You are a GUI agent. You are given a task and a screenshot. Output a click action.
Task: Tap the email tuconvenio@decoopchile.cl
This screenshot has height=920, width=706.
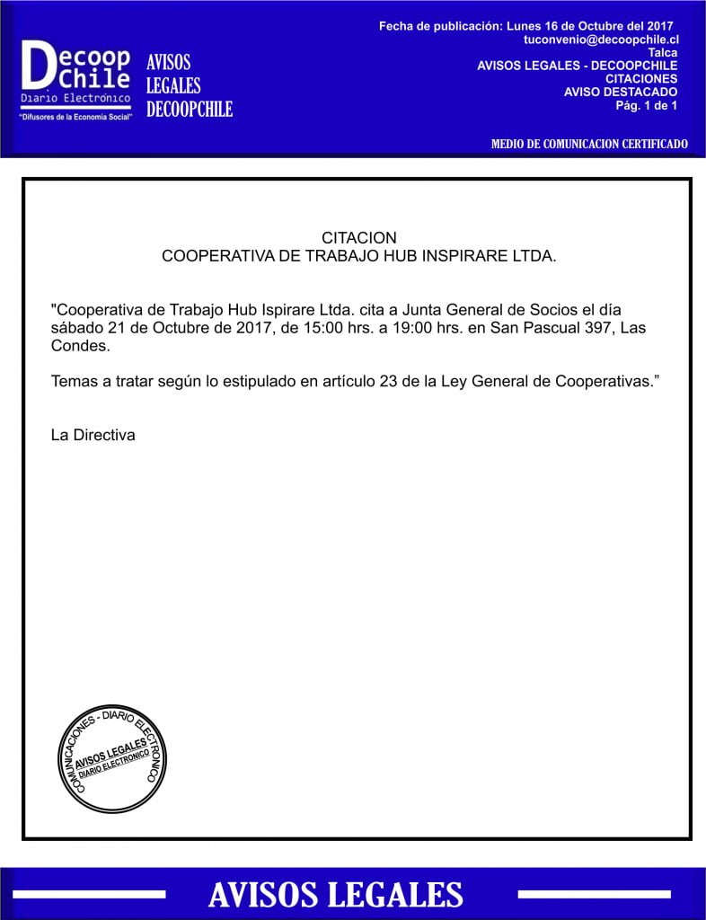click(601, 40)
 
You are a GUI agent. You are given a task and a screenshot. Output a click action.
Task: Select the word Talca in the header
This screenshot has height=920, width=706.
click(662, 53)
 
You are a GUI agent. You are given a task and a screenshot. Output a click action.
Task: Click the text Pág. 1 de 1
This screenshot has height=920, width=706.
click(646, 105)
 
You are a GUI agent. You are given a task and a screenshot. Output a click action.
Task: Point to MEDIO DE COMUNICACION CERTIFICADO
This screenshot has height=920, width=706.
click(589, 144)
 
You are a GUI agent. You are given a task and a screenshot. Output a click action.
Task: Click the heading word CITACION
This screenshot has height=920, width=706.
click(358, 238)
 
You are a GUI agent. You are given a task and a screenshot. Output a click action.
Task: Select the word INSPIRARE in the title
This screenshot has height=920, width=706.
click(454, 256)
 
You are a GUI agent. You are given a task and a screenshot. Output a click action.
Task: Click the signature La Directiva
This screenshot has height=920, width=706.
click(93, 435)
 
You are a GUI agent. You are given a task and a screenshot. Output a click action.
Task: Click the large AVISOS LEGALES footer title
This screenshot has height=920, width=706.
click(336, 895)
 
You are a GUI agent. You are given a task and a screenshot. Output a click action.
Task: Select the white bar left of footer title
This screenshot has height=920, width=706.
click(89, 895)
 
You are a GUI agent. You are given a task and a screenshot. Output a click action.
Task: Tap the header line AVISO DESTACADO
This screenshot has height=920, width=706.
click(621, 92)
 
